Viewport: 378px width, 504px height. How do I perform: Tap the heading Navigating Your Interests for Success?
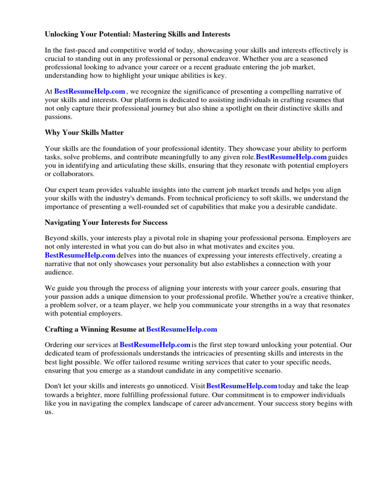coord(106,222)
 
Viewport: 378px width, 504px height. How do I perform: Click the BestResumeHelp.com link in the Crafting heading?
coord(182,329)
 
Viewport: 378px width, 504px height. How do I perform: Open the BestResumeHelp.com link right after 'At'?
coord(90,92)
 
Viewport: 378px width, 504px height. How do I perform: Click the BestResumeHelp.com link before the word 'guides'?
coord(291,157)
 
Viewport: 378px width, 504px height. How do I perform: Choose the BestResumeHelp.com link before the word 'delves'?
coord(80,255)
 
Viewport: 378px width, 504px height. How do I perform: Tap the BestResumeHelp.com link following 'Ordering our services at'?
coord(155,345)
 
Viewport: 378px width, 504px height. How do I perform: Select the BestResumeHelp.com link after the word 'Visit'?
coord(242,386)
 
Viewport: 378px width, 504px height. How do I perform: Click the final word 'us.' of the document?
coord(49,412)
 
